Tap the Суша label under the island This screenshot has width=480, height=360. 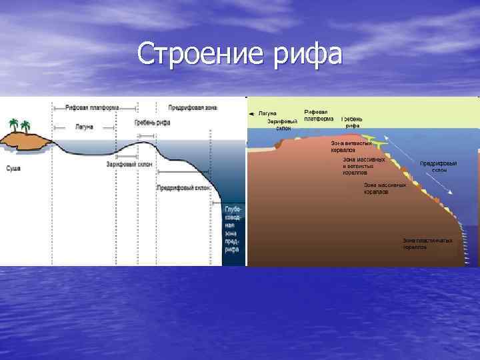pos(13,169)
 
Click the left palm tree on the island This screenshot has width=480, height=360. pos(13,125)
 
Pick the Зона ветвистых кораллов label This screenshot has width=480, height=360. pos(351,147)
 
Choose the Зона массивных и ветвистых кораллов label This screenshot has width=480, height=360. pos(363,166)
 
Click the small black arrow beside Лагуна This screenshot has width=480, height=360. pos(251,114)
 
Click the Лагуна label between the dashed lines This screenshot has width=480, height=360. pos(84,125)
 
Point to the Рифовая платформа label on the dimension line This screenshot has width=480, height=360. pos(93,107)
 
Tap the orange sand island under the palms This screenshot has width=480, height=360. pos(25,140)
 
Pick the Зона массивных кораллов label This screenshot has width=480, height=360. pos(385,187)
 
